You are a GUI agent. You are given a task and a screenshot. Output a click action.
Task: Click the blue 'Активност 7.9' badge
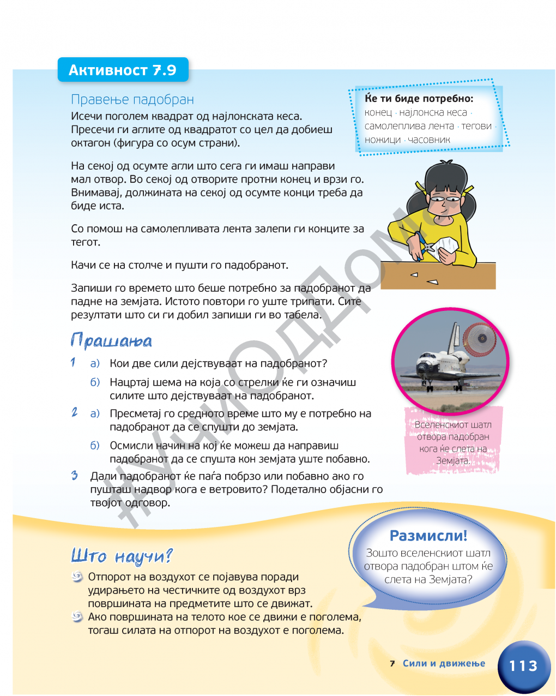[123, 70]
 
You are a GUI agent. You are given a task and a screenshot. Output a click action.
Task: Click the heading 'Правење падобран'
[132, 100]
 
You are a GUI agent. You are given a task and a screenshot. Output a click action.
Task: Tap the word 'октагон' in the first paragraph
[90, 143]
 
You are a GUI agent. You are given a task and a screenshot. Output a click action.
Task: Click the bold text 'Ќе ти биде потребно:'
[419, 99]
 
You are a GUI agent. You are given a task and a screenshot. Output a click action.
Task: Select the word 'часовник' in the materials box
[429, 140]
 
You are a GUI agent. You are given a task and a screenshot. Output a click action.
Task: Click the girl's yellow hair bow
[420, 188]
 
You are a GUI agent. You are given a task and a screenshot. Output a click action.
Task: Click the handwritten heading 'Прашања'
[111, 341]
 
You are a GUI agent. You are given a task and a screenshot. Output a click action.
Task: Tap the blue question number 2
[75, 412]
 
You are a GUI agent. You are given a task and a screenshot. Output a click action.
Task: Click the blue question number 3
[75, 476]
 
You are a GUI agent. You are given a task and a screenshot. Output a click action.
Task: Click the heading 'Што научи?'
[122, 556]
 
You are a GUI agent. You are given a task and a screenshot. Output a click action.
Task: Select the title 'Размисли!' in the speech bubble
[428, 536]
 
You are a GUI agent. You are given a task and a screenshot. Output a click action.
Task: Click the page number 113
[523, 666]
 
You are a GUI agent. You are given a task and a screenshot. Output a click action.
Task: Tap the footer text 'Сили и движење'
[444, 663]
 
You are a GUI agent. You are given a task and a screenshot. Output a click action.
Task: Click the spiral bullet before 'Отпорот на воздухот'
[77, 577]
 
